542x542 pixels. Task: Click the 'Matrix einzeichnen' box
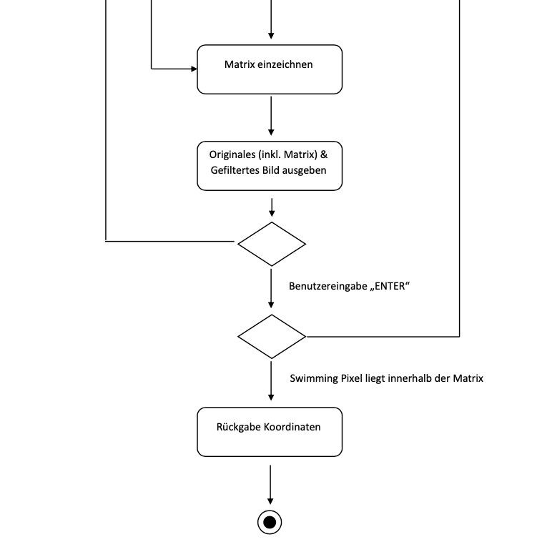270,69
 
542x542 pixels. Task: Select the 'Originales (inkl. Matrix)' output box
270,165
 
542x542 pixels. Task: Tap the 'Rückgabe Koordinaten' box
270,432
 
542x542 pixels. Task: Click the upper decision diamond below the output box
271,244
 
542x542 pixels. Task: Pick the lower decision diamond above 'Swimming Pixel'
271,336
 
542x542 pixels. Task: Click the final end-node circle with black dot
270,523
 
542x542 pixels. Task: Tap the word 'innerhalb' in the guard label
410,378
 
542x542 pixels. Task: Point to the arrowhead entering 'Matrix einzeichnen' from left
193,69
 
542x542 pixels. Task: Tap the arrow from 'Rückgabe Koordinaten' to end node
270,484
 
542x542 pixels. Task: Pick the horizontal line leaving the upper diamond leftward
172,242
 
